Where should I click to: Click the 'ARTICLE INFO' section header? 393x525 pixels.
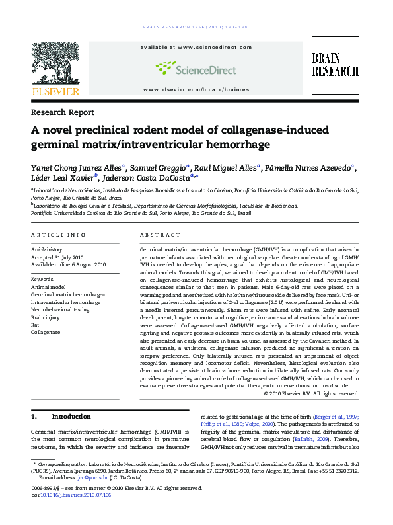59,235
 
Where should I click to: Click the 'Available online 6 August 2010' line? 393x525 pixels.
69,264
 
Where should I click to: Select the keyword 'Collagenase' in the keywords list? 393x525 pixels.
46,332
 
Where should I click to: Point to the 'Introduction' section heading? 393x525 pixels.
71,417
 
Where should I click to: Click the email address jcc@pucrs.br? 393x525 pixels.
92,477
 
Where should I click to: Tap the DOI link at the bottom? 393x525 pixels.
76,495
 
